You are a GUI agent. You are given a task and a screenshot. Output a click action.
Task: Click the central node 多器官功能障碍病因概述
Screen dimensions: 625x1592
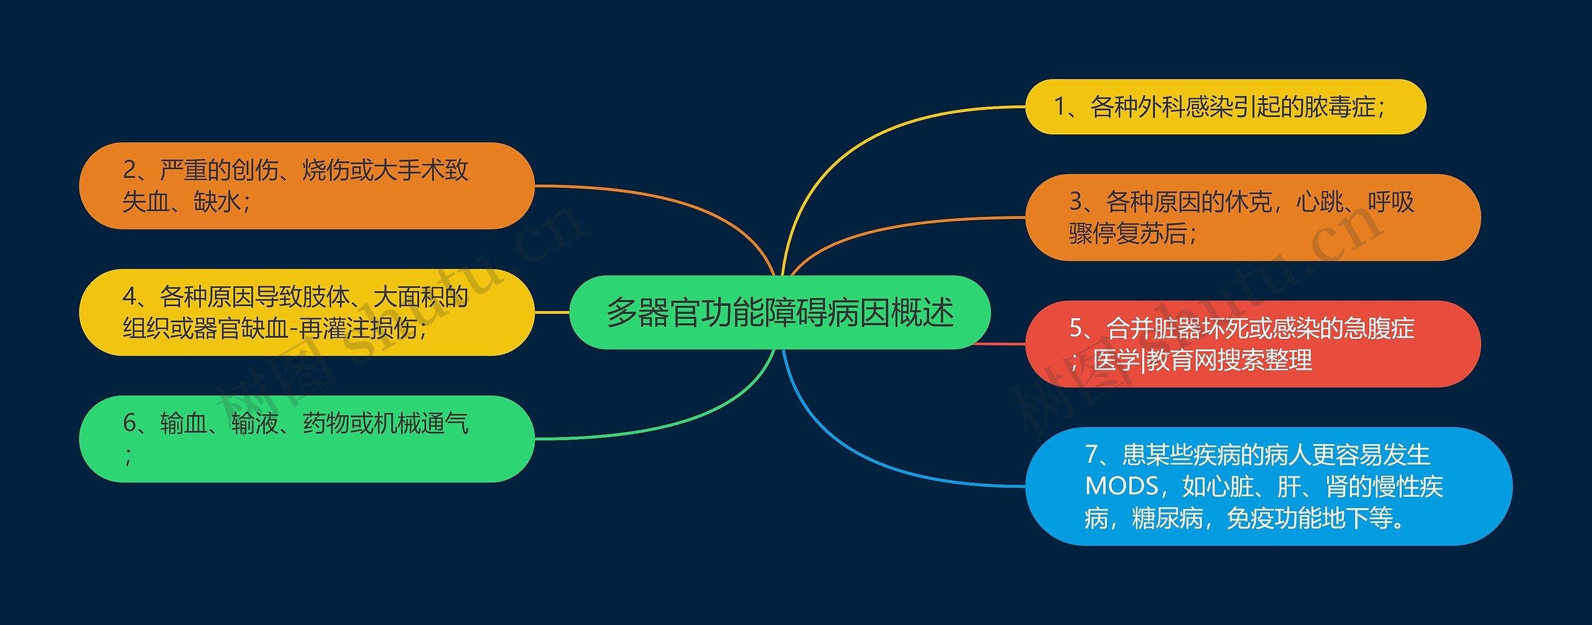click(780, 312)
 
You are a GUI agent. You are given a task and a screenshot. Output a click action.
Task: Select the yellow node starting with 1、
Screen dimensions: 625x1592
click(1225, 107)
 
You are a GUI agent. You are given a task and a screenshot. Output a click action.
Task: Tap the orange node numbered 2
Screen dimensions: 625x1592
click(307, 186)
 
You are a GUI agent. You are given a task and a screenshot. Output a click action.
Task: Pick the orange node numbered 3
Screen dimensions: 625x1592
click(1252, 218)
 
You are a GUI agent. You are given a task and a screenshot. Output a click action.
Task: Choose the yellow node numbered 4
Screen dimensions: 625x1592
click(307, 312)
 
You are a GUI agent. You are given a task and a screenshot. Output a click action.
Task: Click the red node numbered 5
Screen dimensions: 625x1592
click(1252, 344)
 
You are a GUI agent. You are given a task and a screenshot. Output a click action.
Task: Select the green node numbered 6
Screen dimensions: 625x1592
click(307, 439)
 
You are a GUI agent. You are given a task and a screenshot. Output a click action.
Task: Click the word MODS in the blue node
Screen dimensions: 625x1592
click(1121, 486)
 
